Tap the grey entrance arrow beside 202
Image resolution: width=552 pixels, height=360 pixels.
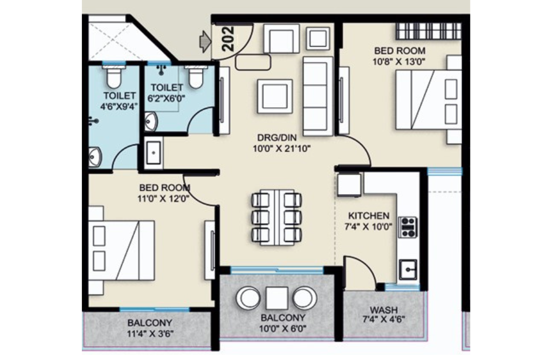click(204, 41)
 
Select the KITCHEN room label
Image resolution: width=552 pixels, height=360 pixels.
click(368, 215)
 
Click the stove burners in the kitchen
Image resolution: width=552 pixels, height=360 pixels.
click(408, 227)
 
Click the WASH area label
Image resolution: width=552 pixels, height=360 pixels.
click(383, 309)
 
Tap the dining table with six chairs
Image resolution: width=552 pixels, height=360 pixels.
click(277, 217)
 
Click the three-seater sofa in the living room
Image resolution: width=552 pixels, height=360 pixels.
click(317, 96)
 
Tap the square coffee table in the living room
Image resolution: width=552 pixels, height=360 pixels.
click(274, 95)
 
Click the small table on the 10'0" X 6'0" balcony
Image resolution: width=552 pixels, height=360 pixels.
click(277, 298)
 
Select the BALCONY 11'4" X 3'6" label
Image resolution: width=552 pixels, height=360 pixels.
click(150, 328)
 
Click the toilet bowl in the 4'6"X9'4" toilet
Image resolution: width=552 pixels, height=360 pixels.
click(113, 75)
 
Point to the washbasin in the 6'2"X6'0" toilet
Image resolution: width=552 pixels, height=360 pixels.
click(150, 122)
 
